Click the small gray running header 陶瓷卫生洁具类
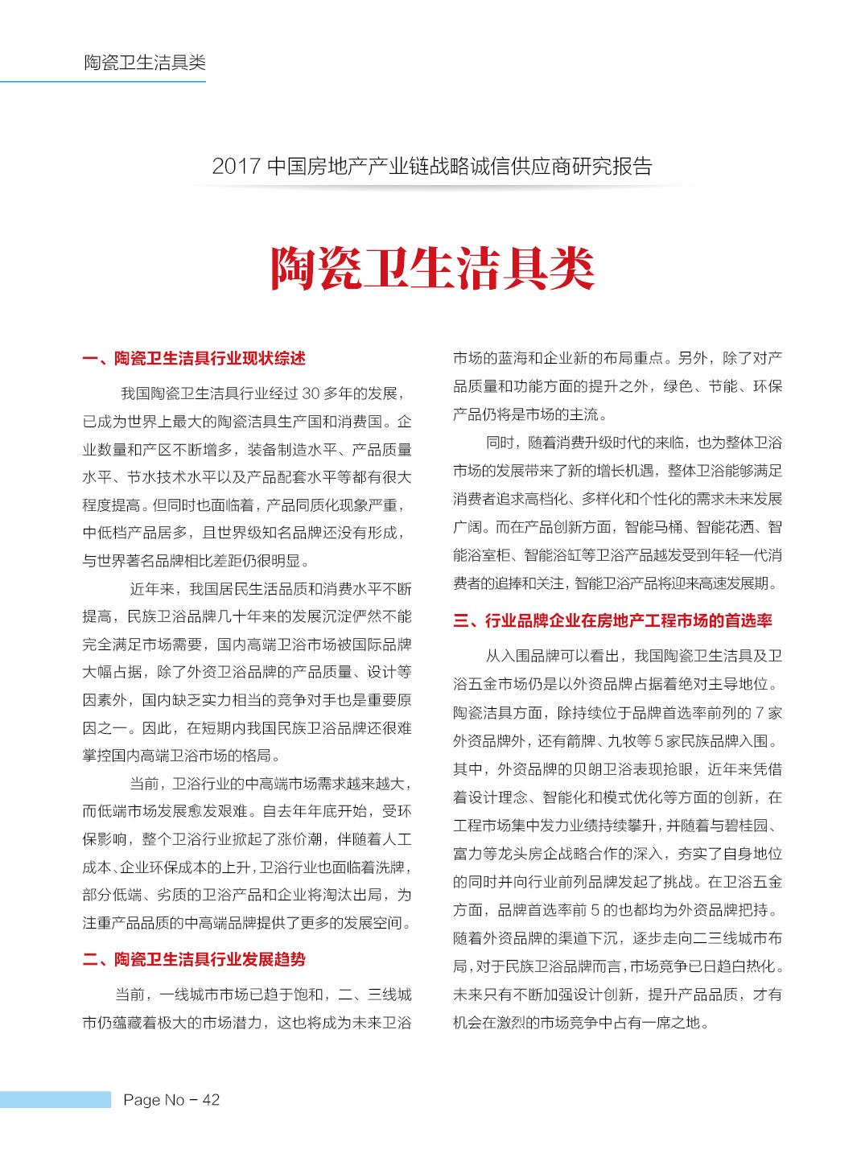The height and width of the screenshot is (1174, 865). (x=145, y=63)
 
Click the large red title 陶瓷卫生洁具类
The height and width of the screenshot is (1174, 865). (x=432, y=269)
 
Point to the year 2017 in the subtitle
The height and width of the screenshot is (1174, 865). (x=236, y=167)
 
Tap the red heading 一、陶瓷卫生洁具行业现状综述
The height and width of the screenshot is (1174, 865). (x=194, y=358)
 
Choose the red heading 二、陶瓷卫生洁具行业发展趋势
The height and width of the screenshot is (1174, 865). (x=194, y=959)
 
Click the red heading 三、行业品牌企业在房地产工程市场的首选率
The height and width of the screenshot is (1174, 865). (x=612, y=620)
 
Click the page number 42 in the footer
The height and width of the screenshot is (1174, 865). (x=211, y=1100)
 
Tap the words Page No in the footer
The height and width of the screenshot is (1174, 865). (x=154, y=1100)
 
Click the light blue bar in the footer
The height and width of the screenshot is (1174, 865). (x=55, y=1100)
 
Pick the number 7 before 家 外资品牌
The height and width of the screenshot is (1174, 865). (x=759, y=713)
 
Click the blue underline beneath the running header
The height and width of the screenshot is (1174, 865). (x=103, y=81)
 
